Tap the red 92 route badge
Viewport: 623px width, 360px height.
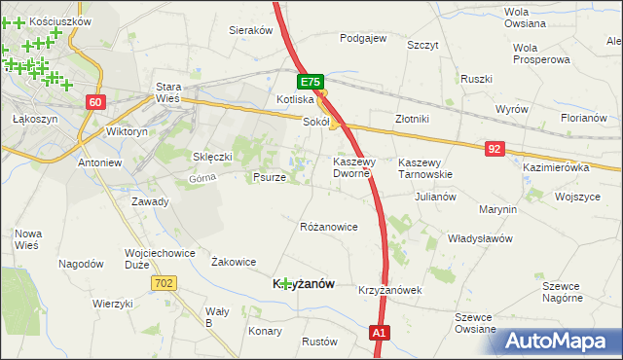click(496, 148)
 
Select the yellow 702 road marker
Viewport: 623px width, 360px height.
click(164, 282)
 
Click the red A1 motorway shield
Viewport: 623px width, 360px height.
click(381, 334)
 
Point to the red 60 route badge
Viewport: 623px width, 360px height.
click(94, 102)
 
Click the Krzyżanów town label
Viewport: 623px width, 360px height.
click(302, 283)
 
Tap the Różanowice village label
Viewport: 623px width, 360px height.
click(329, 227)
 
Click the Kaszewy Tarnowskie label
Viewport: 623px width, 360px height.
click(426, 167)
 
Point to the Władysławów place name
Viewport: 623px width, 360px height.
click(479, 237)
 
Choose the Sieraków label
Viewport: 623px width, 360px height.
click(250, 30)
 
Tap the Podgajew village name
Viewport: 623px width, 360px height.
click(363, 39)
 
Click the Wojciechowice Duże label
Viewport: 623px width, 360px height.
click(156, 258)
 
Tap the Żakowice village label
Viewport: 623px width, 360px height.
click(234, 261)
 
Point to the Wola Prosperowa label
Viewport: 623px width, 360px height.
click(540, 54)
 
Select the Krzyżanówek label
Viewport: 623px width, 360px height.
click(388, 290)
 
